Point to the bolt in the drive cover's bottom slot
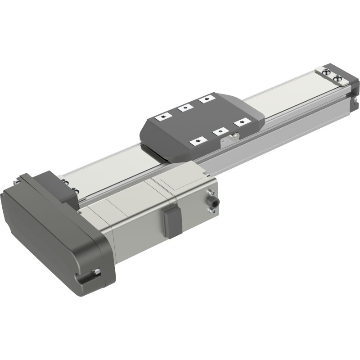pyautogui.click(x=95, y=272)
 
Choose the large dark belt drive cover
pyautogui.click(x=54, y=229)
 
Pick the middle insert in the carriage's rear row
pyautogui.click(x=184, y=108)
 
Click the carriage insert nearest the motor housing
pyautogui.click(x=197, y=142)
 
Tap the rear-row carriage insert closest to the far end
pyautogui.click(x=206, y=98)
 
